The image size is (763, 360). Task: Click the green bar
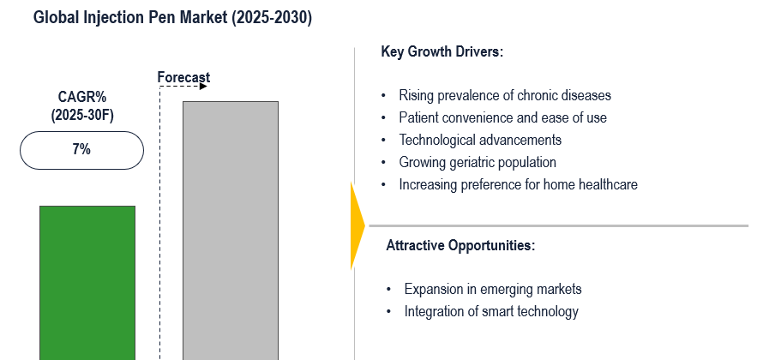(87, 283)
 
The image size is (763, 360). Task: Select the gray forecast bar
(231, 231)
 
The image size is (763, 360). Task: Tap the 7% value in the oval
(81, 150)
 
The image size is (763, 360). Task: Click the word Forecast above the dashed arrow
(183, 77)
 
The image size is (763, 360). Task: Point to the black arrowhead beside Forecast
(203, 87)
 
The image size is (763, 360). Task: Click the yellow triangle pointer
(357, 225)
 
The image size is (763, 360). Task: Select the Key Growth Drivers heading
(442, 52)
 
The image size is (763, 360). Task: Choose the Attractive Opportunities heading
(460, 246)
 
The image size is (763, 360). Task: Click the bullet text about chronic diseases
(505, 95)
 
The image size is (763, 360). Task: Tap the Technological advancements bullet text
(480, 140)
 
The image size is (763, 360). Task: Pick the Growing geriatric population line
(478, 162)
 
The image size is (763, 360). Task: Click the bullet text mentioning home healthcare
(518, 185)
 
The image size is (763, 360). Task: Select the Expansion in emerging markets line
(493, 290)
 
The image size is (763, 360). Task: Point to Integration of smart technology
(491, 311)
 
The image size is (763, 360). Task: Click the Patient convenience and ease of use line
(502, 117)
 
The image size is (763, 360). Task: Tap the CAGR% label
(82, 97)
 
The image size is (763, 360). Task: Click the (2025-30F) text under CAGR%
(82, 116)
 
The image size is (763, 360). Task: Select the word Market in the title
(203, 17)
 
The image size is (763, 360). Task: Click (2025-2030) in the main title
(272, 18)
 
